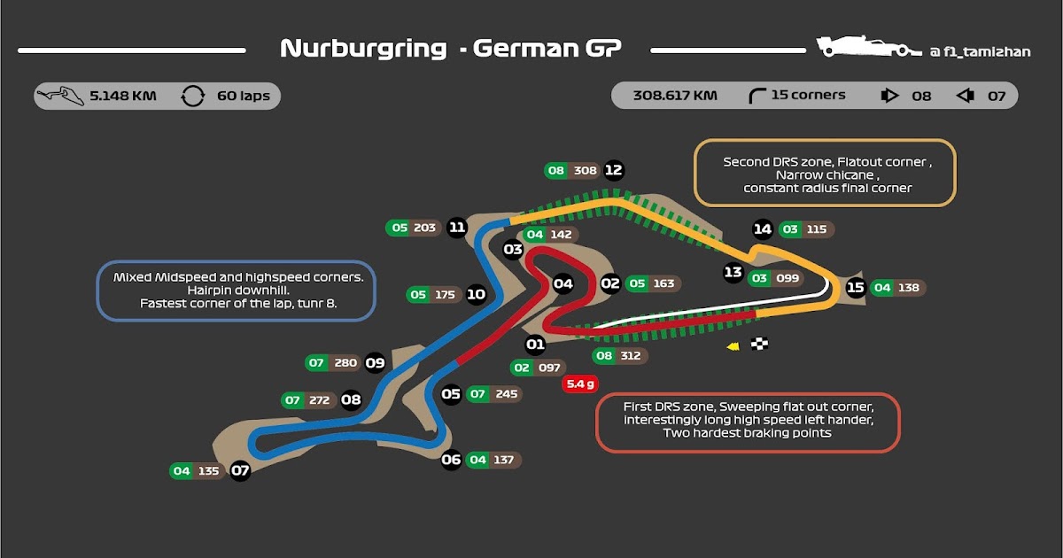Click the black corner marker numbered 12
point(613,170)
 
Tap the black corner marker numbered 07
point(240,471)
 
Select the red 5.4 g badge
point(580,384)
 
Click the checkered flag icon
point(759,345)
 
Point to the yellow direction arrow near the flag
point(733,346)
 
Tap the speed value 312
point(631,356)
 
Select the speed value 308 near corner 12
point(585,170)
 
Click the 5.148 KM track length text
point(122,96)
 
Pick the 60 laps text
point(243,96)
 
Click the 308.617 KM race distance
point(675,95)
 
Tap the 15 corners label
point(807,95)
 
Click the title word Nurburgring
point(363,49)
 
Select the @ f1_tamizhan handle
point(980,52)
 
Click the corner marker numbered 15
point(855,287)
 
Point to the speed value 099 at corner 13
point(787,278)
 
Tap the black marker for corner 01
point(535,345)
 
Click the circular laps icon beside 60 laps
point(192,96)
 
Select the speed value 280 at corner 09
point(345,362)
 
